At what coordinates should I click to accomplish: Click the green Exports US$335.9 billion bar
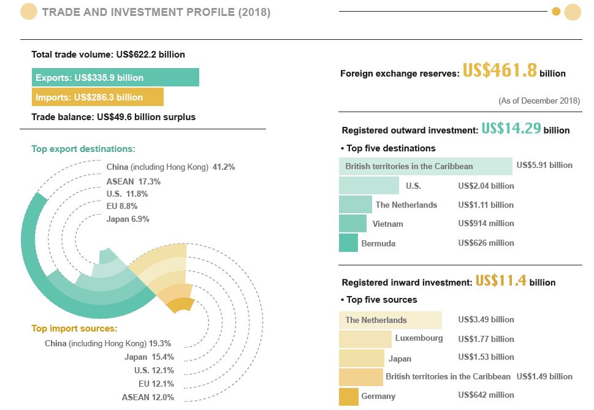[115, 77]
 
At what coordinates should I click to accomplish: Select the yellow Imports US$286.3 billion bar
[97, 97]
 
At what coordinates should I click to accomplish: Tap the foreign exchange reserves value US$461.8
[500, 71]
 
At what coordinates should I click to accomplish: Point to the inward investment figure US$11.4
[501, 281]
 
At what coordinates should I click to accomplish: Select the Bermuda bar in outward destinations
[348, 243]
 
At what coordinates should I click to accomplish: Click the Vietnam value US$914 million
[486, 224]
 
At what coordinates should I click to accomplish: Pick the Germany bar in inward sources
[348, 396]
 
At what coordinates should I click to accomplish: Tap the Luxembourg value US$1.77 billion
[486, 339]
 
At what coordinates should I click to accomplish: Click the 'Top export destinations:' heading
[83, 149]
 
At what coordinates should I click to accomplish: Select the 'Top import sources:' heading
[74, 328]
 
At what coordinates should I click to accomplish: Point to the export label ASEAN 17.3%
[134, 182]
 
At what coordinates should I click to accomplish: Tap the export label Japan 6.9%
[128, 219]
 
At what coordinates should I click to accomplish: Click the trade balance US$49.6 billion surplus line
[113, 116]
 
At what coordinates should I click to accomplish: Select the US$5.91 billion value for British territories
[544, 165]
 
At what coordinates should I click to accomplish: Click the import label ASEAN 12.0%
[148, 397]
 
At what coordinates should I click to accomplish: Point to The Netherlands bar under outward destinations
[356, 205]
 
